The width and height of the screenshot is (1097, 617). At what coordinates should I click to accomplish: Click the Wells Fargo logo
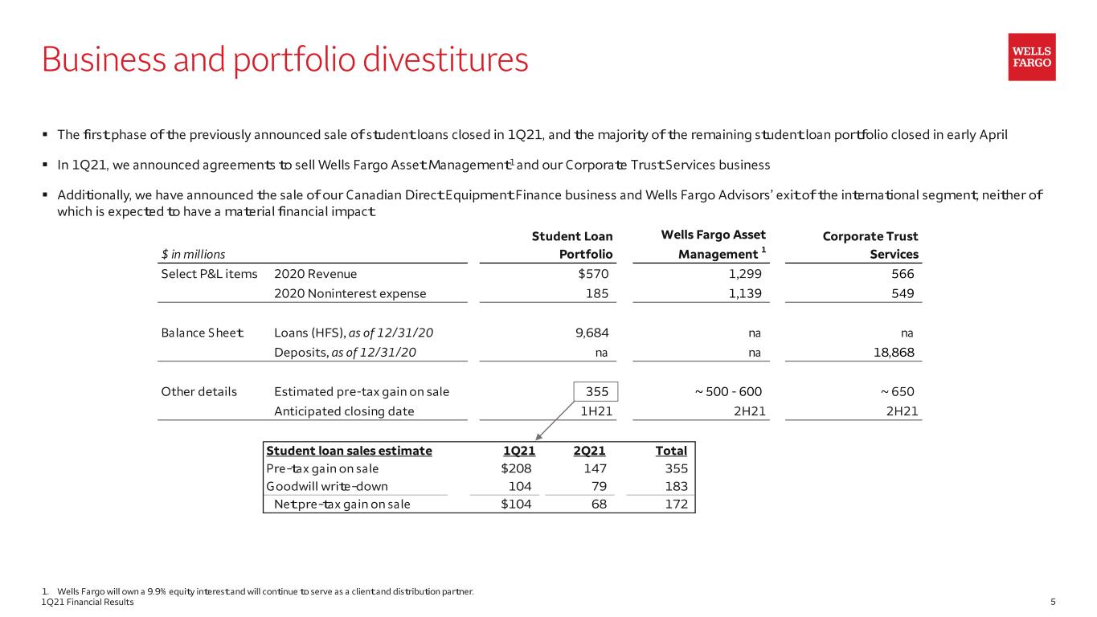(x=1032, y=57)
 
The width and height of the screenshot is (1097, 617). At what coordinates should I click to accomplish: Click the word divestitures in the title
(x=445, y=59)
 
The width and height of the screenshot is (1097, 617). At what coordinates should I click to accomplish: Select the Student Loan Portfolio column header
(x=572, y=245)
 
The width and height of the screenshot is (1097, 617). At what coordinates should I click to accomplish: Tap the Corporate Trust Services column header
(x=870, y=245)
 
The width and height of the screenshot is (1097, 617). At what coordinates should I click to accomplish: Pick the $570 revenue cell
(x=593, y=274)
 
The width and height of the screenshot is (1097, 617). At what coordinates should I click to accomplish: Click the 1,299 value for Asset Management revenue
(x=745, y=274)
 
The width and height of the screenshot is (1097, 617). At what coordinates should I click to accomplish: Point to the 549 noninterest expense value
(x=903, y=293)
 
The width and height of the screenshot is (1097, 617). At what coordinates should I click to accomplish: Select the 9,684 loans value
(x=592, y=333)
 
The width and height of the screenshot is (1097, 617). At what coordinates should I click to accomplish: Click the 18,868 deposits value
(x=894, y=353)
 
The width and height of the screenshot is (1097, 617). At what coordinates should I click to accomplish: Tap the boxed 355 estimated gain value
(x=596, y=392)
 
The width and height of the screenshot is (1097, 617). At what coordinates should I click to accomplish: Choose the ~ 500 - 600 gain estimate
(x=728, y=392)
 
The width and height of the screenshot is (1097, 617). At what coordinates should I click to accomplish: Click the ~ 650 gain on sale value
(x=897, y=392)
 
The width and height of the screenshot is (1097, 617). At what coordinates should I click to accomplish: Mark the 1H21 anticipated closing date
(x=596, y=411)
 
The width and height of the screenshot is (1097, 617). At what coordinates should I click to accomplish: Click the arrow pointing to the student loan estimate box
(x=555, y=421)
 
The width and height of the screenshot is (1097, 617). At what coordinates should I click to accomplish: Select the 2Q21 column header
(x=589, y=451)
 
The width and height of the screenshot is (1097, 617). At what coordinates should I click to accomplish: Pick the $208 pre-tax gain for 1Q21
(x=516, y=468)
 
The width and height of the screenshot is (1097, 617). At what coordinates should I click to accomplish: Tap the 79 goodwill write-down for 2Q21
(x=599, y=486)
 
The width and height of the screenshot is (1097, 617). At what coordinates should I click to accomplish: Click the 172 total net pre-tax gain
(x=677, y=504)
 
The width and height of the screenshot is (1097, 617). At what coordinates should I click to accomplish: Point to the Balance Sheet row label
(x=202, y=333)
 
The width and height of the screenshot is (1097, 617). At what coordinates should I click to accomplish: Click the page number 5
(x=1053, y=602)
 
